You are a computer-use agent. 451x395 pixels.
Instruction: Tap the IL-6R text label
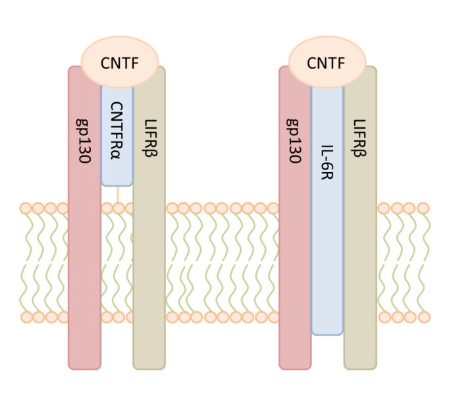click(x=327, y=163)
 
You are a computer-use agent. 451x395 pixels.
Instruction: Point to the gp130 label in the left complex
click(x=85, y=141)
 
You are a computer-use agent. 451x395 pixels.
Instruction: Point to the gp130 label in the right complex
click(x=295, y=141)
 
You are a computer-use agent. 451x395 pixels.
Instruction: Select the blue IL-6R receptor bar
click(x=327, y=251)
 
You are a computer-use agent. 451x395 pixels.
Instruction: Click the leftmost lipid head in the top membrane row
click(x=26, y=208)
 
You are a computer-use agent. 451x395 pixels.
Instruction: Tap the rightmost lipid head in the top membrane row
click(x=423, y=208)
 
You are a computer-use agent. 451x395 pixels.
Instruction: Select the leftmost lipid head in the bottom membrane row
click(x=26, y=317)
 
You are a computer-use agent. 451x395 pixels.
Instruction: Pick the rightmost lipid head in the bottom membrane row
click(x=423, y=317)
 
